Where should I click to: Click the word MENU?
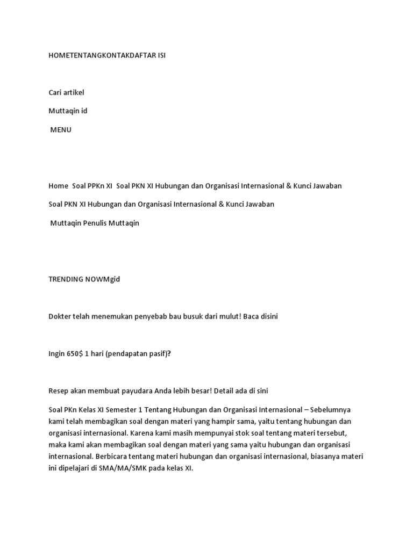tap(61, 129)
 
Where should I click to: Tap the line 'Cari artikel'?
tap(66, 92)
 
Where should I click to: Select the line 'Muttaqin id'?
tap(68, 111)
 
